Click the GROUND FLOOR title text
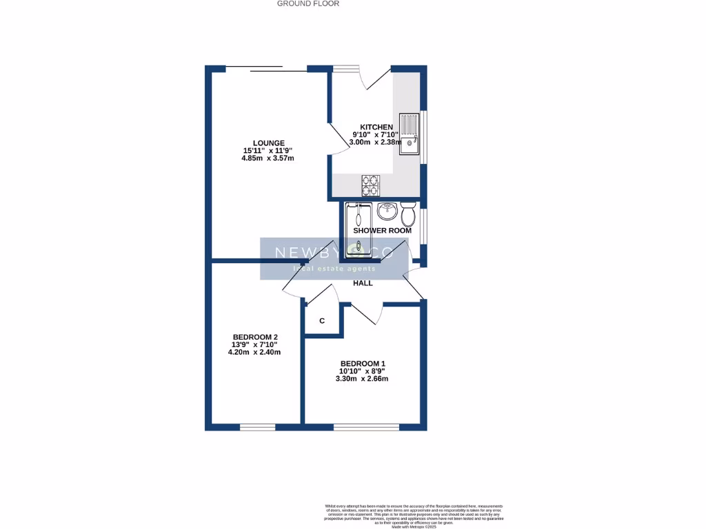point(307,3)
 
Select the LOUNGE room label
point(268,143)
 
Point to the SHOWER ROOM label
point(382,231)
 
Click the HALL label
point(363,283)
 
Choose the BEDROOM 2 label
point(254,337)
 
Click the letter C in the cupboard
point(322,321)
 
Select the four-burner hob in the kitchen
point(370,184)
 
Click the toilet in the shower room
point(408,214)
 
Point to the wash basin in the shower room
point(388,209)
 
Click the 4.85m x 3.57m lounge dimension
point(268,158)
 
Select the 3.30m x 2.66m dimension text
point(362,379)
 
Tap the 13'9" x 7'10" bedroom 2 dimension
point(254,344)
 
